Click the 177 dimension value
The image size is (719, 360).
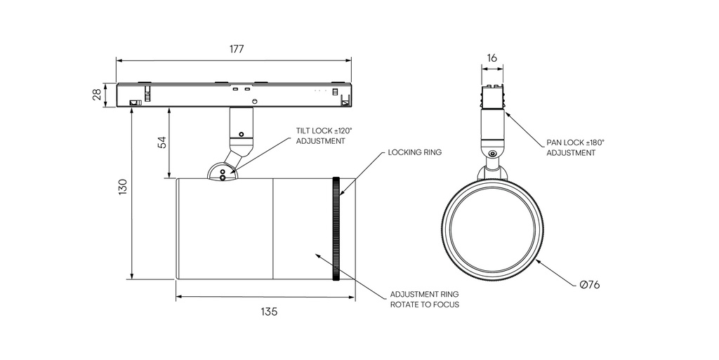(237, 49)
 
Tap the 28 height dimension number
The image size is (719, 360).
(97, 95)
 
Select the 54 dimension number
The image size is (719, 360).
(162, 142)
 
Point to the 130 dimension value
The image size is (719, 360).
(122, 187)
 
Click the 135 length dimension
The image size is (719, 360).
(269, 312)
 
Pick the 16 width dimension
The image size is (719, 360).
(492, 58)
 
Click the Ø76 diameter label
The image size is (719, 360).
(590, 285)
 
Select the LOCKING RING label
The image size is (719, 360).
(414, 152)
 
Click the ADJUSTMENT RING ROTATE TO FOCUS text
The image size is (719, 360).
(424, 300)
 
